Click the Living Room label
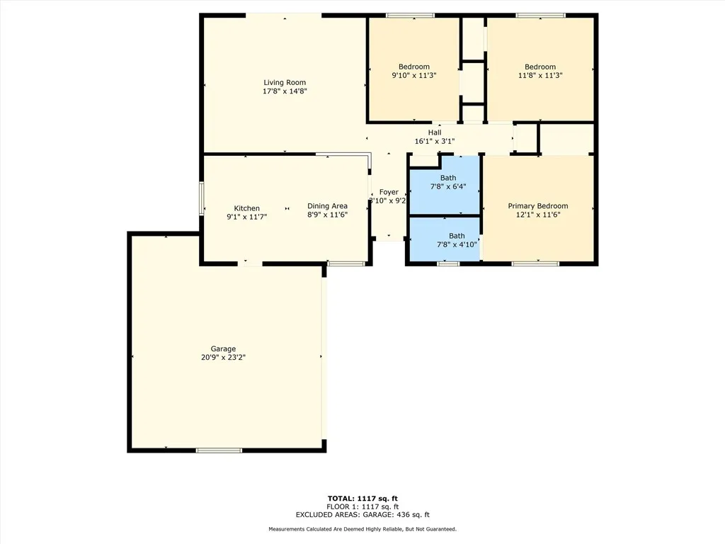[285, 83]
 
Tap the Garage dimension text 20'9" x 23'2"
[223, 358]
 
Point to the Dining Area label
[327, 206]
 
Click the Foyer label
[389, 192]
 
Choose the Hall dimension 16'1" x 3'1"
[434, 142]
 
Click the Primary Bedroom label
[537, 206]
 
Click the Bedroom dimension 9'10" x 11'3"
[413, 75]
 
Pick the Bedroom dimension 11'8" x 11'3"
[540, 75]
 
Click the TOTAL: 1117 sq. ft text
[362, 498]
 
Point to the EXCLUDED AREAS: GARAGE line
[362, 515]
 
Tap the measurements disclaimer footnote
[362, 529]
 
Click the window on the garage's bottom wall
[219, 450]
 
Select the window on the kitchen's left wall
[202, 199]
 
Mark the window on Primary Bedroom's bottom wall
[536, 263]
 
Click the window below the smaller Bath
[448, 263]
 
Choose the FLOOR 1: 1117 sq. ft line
[362, 506]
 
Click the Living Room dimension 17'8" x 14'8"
[285, 91]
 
